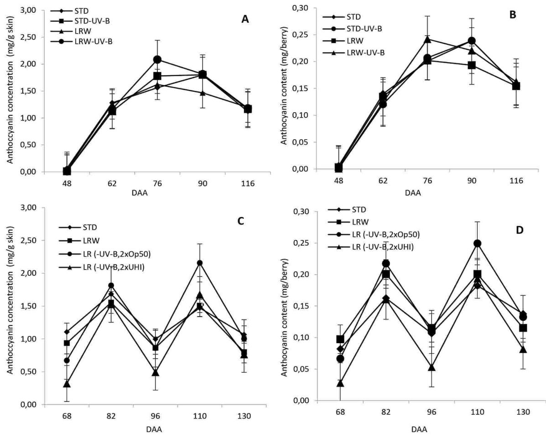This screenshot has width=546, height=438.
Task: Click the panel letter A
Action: pyautogui.click(x=245, y=20)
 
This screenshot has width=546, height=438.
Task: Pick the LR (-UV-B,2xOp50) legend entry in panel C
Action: pyautogui.click(x=105, y=254)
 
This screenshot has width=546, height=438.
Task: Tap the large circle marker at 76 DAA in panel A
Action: pyautogui.click(x=157, y=59)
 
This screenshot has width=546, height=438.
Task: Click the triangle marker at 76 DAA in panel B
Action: pyautogui.click(x=427, y=40)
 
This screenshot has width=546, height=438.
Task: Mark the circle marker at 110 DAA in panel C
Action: pyautogui.click(x=200, y=263)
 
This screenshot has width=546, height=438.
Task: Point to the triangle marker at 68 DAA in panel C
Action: pyautogui.click(x=67, y=384)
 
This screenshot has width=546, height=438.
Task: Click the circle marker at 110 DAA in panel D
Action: pyautogui.click(x=478, y=243)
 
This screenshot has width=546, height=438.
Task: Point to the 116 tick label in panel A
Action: pyautogui.click(x=248, y=183)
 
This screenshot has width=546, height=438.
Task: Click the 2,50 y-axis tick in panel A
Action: pyautogui.click(x=28, y=37)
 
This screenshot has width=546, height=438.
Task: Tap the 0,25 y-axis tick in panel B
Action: pyautogui.click(x=300, y=35)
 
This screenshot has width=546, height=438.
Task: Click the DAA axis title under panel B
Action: pyautogui.click(x=413, y=193)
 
